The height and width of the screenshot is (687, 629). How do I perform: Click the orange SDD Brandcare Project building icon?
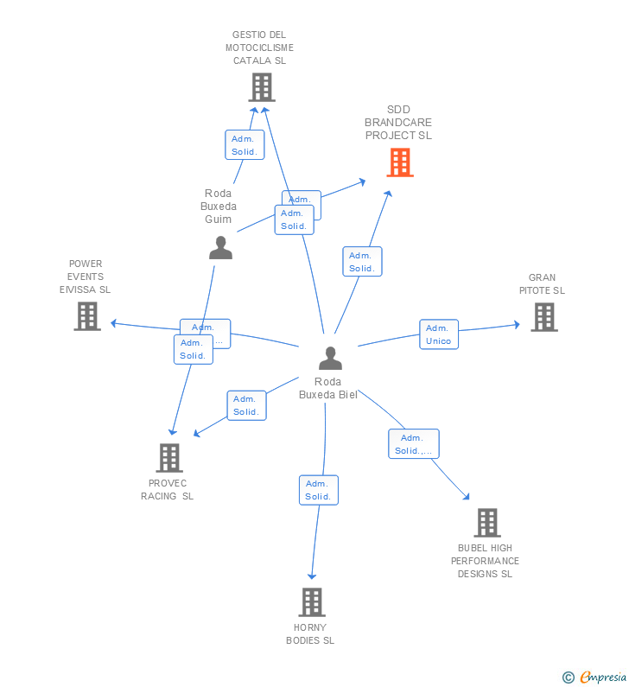(399, 162)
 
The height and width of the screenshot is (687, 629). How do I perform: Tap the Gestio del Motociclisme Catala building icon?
(261, 87)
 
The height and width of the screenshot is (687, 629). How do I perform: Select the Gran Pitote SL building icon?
(543, 317)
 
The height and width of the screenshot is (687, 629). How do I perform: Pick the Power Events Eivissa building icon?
(86, 316)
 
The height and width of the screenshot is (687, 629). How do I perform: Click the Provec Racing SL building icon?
(169, 458)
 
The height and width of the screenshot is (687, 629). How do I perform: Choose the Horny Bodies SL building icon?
(311, 602)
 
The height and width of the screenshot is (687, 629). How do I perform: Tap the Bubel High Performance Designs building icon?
(486, 523)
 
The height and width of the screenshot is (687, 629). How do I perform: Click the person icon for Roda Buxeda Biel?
(330, 358)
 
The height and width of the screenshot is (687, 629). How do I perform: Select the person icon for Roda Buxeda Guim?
(220, 248)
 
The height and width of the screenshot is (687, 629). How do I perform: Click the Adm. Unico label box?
(439, 334)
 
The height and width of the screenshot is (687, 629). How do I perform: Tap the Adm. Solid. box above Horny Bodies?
(318, 490)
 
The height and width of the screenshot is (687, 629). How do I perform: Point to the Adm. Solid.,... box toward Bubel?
(414, 444)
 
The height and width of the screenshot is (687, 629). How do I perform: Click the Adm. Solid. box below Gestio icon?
(245, 145)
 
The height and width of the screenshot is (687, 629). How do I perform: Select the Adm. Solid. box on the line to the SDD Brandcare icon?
(362, 262)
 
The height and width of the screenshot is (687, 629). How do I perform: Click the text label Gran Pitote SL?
(542, 284)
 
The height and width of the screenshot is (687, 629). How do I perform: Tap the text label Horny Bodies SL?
(310, 634)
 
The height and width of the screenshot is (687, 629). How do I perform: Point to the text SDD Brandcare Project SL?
(398, 123)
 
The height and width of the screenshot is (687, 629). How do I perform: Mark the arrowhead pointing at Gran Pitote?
(517, 325)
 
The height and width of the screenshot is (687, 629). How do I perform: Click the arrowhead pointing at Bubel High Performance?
(467, 497)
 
